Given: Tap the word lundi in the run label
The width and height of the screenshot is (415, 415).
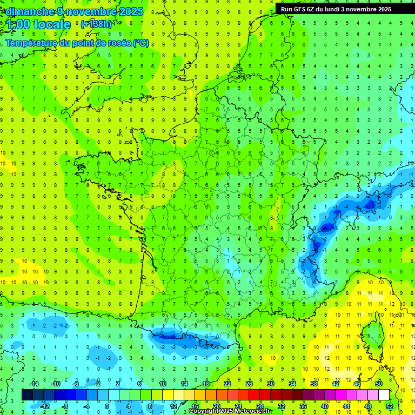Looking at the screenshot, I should (342, 9).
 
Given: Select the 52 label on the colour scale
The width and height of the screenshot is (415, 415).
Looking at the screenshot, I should (390, 406).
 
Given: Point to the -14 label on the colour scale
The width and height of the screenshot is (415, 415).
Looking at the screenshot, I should (34, 383).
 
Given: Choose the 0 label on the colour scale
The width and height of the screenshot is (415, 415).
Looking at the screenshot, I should (107, 406).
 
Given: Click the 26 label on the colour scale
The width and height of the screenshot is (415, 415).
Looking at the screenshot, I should (249, 383).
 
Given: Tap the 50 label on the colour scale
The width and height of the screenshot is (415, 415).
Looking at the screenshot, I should (379, 383).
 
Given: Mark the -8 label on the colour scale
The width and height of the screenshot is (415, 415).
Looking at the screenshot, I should (65, 406).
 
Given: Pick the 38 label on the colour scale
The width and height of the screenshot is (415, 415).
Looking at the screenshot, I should (314, 383).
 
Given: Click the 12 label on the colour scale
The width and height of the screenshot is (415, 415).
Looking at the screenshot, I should (173, 406).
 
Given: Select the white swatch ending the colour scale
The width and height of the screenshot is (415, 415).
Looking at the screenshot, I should (384, 395).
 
